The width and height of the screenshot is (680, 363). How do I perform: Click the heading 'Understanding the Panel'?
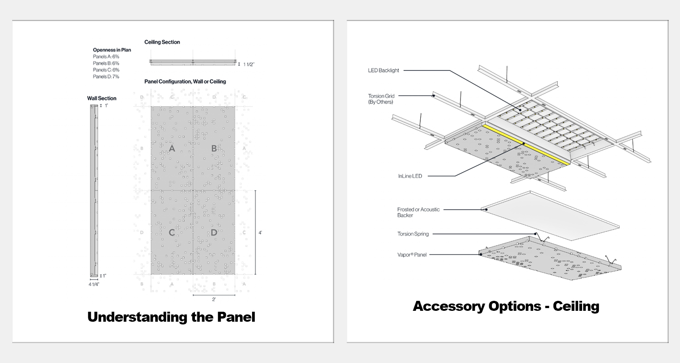[x=171, y=317]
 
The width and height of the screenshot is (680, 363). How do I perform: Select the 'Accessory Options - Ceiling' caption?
[x=506, y=306]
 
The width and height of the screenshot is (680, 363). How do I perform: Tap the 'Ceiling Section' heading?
[x=162, y=42]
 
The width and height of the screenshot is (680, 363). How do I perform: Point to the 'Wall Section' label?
[x=102, y=98]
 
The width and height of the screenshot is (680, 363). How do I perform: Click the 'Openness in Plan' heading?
[x=112, y=50]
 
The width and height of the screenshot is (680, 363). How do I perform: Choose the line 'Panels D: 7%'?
[x=106, y=77]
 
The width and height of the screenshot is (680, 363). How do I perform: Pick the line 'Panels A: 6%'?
[x=106, y=57]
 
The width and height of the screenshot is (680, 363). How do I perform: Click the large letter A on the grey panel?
[x=172, y=149]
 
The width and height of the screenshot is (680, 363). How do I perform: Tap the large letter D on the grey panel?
[x=214, y=233]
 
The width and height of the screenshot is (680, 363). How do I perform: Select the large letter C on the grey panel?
[x=172, y=233]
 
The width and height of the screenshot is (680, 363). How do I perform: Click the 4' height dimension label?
[x=260, y=232]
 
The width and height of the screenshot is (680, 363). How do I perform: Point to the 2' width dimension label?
[x=214, y=299]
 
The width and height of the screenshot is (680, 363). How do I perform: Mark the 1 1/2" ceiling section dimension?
[x=249, y=64]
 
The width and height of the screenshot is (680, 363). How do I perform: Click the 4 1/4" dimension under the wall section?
[x=94, y=284]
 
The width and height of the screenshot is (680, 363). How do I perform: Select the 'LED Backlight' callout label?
[x=383, y=70]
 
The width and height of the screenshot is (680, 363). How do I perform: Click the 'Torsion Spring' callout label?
[x=413, y=234]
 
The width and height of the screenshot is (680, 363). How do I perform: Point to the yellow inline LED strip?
[x=526, y=144]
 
